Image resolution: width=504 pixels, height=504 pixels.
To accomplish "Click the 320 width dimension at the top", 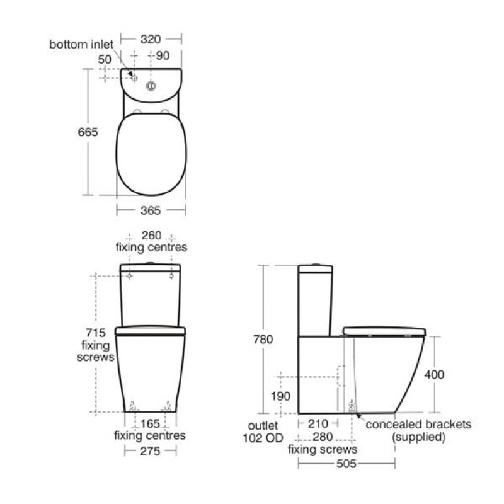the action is tap(151, 39).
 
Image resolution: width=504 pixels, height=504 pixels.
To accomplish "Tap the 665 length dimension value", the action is tap(88, 132).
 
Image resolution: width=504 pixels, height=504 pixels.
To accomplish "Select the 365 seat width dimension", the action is tap(151, 210).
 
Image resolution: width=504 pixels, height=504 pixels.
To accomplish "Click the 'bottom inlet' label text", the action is tap(81, 44).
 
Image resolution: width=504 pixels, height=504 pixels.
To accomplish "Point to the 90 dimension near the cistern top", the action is tap(163, 55).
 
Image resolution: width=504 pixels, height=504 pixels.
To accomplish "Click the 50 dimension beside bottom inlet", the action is tap(105, 59).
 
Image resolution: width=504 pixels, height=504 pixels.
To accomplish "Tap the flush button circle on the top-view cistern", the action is tap(151, 86).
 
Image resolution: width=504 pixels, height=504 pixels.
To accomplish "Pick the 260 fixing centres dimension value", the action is tap(151, 235).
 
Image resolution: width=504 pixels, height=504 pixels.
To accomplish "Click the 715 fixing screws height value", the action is tap(96, 333).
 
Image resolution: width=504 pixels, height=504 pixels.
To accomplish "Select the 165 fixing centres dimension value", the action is tap(150, 423).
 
